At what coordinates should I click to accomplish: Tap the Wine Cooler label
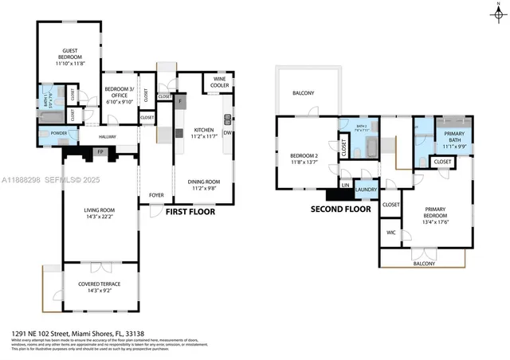tap(218, 83)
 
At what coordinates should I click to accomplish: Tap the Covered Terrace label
tap(99, 288)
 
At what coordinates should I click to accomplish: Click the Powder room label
tap(58, 133)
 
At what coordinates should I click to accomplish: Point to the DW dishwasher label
tap(228, 134)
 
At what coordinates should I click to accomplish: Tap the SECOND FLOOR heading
tap(340, 209)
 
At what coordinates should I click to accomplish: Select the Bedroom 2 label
tap(304, 157)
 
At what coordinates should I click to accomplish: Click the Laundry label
tap(366, 189)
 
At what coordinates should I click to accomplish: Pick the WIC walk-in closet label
tap(390, 233)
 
